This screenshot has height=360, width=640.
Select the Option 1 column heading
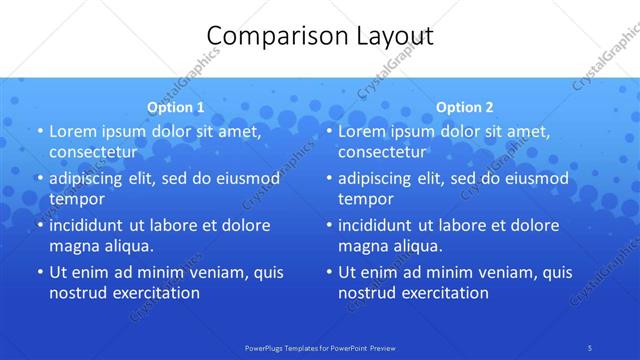point(176,107)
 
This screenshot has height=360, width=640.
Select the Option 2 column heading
point(465,107)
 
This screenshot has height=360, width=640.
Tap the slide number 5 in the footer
point(590,347)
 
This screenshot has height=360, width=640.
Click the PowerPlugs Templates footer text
point(320,347)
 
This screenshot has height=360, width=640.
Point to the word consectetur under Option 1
point(93,152)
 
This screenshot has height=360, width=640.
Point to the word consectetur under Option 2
point(382,152)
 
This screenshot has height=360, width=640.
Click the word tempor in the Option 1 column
point(76,199)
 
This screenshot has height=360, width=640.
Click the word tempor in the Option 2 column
point(365,199)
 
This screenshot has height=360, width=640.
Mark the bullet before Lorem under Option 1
point(39,131)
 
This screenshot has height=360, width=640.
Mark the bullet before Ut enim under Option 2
point(328,272)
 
